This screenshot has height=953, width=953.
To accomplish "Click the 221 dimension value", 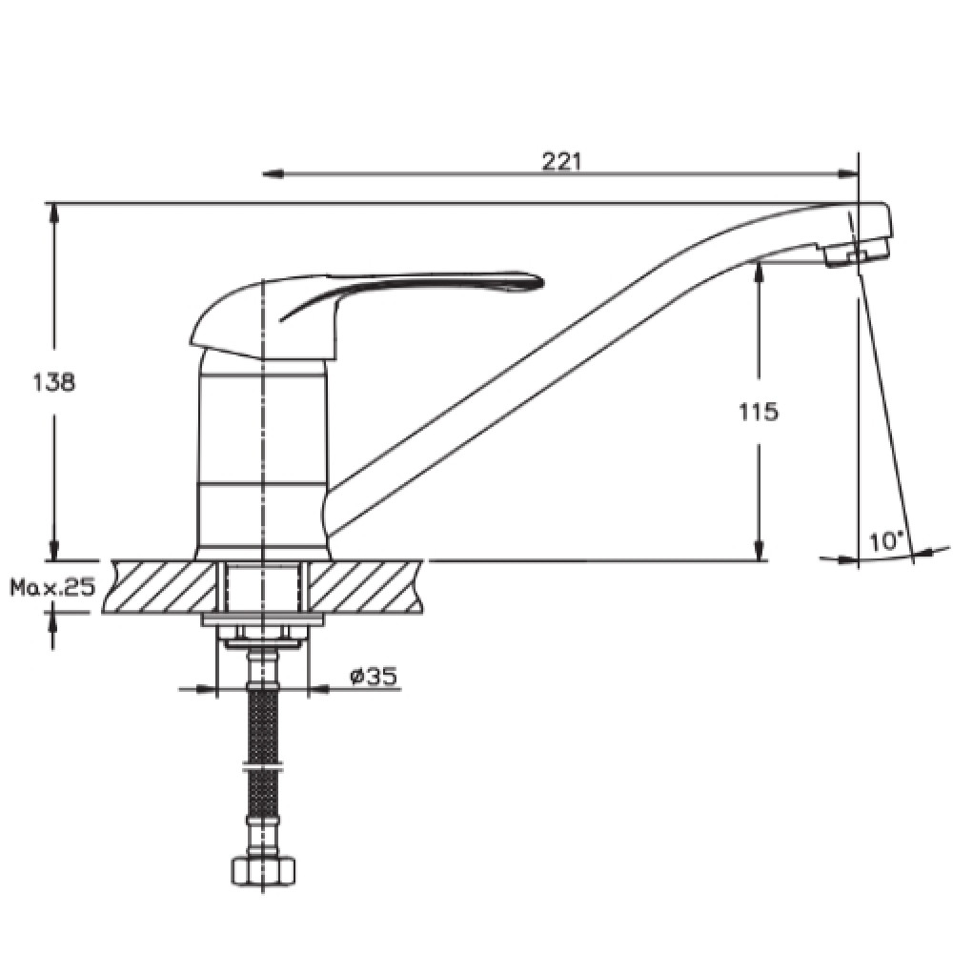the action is click(561, 162).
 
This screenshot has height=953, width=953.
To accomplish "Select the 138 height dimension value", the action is click(54, 382).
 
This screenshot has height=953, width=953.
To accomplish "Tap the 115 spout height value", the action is click(759, 412).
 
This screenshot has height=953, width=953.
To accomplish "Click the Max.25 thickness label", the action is click(52, 587).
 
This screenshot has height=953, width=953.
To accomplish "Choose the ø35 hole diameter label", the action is click(374, 676).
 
